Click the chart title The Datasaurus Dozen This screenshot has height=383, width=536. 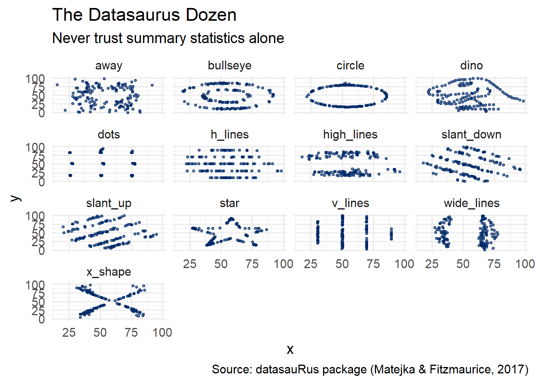coord(144,15)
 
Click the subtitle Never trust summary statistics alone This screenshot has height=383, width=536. coord(168,38)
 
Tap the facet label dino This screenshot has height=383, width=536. coord(471,65)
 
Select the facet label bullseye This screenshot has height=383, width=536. coord(229,65)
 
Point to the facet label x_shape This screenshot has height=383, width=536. coord(108,272)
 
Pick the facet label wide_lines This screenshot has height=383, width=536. coord(471,203)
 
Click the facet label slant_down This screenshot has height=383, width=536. coord(471,134)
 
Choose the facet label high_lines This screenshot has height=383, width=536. coord(350,134)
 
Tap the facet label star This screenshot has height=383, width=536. coord(229,203)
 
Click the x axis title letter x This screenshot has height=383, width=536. coord(290,349)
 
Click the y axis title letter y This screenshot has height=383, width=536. coord(15,198)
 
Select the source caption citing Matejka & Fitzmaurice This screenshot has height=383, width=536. coord(370,369)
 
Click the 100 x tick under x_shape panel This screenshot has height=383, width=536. coord(162,332)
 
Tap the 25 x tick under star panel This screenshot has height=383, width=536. coord(190,264)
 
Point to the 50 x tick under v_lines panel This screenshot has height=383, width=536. coord(342,264)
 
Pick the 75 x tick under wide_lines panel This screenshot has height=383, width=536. coord(494,264)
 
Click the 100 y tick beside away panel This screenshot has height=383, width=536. coord(35,79)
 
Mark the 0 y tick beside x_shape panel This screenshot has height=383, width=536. coord(41,319)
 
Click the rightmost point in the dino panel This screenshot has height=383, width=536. coord(523,101)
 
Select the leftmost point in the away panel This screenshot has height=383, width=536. coord(57,85)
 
